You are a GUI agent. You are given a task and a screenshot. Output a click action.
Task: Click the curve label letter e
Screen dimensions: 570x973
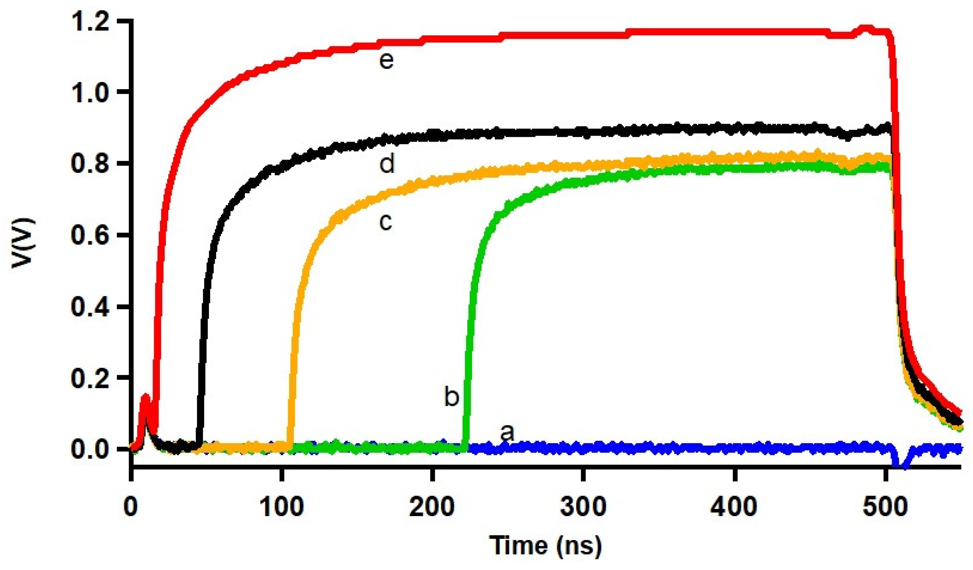click(386, 61)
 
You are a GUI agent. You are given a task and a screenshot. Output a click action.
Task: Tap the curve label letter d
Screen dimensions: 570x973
click(387, 164)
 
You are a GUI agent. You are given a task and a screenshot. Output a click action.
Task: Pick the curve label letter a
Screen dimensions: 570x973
click(507, 433)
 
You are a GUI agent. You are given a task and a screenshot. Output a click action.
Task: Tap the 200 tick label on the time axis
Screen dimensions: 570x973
click(432, 506)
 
